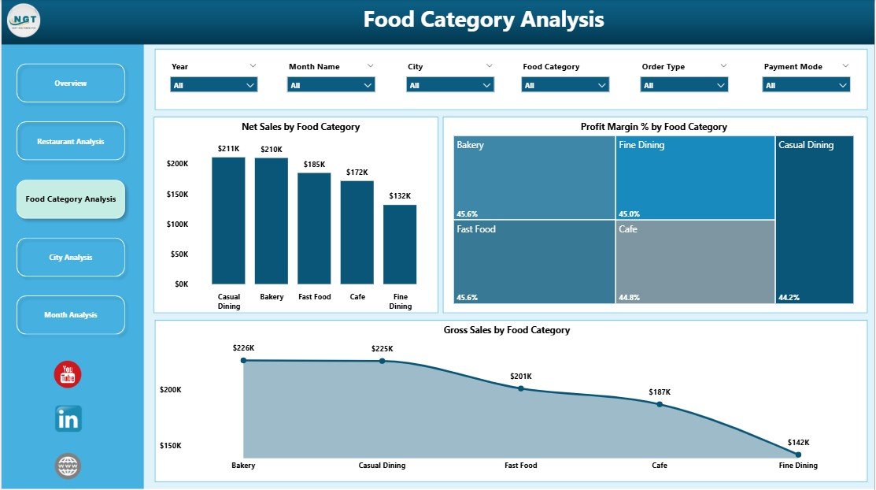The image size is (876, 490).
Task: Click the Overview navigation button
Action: pyautogui.click(x=71, y=84)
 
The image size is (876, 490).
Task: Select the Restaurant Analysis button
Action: pyautogui.click(x=71, y=142)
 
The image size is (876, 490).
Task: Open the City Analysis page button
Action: pyautogui.click(x=71, y=258)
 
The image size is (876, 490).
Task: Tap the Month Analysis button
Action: pyautogui.click(x=71, y=315)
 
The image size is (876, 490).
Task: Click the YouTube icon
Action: pyautogui.click(x=68, y=375)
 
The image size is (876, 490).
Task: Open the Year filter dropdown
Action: pyautogui.click(x=214, y=85)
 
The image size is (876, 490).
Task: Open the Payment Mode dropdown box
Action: pyautogui.click(x=806, y=85)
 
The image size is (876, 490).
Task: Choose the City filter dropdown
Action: pyautogui.click(x=450, y=85)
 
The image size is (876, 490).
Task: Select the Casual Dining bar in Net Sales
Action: pyautogui.click(x=228, y=221)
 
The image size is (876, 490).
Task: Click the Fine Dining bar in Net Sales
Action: pyautogui.click(x=400, y=244)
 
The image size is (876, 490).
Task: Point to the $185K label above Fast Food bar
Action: pyautogui.click(x=314, y=164)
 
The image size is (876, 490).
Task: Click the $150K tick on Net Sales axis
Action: pyautogui.click(x=177, y=194)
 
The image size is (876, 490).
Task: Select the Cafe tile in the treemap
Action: pyautogui.click(x=694, y=262)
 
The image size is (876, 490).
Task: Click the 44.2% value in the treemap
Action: pyautogui.click(x=789, y=298)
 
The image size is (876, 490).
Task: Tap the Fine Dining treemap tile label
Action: pyautogui.click(x=641, y=146)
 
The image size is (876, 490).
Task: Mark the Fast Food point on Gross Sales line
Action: pyautogui.click(x=520, y=388)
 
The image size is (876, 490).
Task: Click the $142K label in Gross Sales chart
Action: pyautogui.click(x=797, y=442)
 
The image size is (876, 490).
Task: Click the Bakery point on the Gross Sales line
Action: pyautogui.click(x=243, y=360)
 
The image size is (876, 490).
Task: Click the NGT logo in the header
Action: pyautogui.click(x=23, y=20)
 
